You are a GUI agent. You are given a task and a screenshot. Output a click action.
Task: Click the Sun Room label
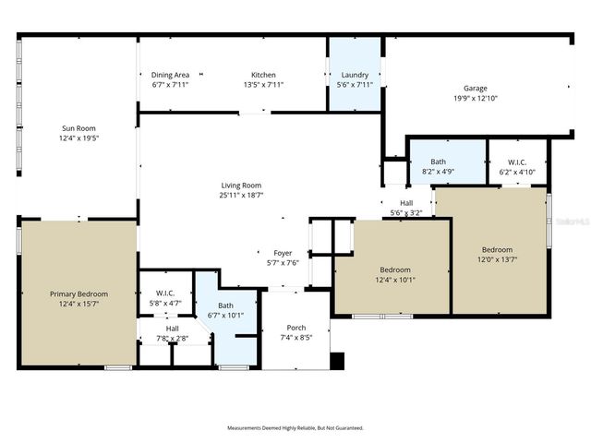[x=78, y=128]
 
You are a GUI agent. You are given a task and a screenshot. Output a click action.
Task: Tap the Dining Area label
[x=171, y=75]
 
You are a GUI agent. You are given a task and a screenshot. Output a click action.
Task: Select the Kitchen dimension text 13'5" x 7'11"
[x=263, y=85]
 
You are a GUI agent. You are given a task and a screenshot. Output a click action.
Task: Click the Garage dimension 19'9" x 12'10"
[x=476, y=99]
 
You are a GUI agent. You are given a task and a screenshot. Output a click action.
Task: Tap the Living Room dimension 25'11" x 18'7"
[x=240, y=196]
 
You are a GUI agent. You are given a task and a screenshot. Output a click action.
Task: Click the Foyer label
[x=283, y=252]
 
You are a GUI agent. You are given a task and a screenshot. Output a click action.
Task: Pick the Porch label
[x=296, y=328]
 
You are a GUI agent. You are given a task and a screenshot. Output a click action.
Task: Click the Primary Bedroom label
[x=78, y=294]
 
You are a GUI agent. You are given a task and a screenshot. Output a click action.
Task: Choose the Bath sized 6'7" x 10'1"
[x=226, y=310]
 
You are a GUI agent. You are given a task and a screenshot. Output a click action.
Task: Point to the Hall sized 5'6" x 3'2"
[x=406, y=208]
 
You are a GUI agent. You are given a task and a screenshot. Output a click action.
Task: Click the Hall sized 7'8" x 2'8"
[x=172, y=333]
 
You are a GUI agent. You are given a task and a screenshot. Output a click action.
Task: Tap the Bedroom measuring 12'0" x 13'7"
[x=497, y=254]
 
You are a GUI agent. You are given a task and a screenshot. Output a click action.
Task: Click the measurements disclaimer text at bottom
[x=295, y=428]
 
